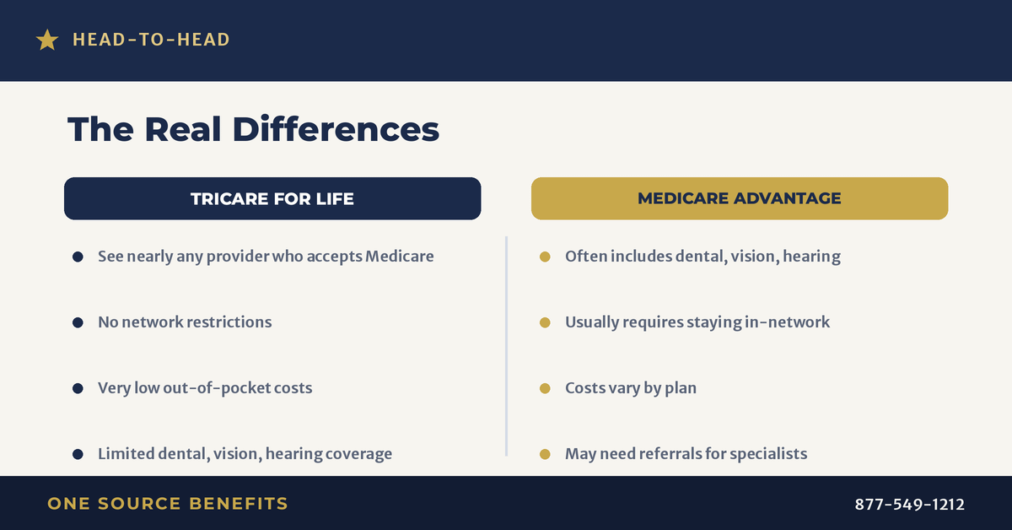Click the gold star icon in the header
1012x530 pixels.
coord(47,40)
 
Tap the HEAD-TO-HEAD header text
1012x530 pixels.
coord(151,40)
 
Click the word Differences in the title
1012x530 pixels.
coord(336,129)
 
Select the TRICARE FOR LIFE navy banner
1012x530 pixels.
coord(272,198)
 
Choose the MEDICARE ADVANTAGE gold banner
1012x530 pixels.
coord(740,198)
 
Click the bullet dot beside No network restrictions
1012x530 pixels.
coord(78,322)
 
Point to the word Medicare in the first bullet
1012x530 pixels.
coord(400,257)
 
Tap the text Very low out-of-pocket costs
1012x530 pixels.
coord(205,388)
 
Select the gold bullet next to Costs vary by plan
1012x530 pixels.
coord(545,388)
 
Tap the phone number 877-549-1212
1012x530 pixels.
coord(909,504)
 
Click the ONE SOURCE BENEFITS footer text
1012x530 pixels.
coord(168,504)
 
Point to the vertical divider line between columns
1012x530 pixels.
coord(507,346)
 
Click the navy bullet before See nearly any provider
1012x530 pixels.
coord(78,257)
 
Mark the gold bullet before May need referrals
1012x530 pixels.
coord(545,454)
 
